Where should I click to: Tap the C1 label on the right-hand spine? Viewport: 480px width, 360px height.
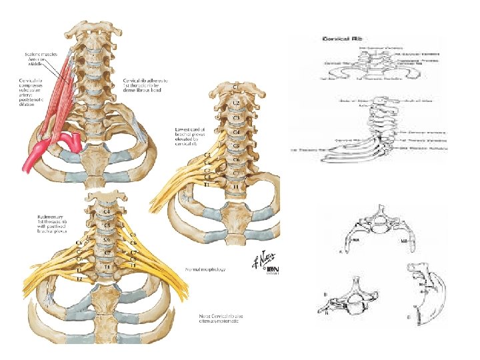point(236,87)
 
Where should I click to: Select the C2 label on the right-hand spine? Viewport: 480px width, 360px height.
point(237,103)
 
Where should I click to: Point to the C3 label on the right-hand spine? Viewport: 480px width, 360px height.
point(237,118)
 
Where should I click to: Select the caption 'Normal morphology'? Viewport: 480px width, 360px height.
point(206,270)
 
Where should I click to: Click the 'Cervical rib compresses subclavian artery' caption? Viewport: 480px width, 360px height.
point(31,91)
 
